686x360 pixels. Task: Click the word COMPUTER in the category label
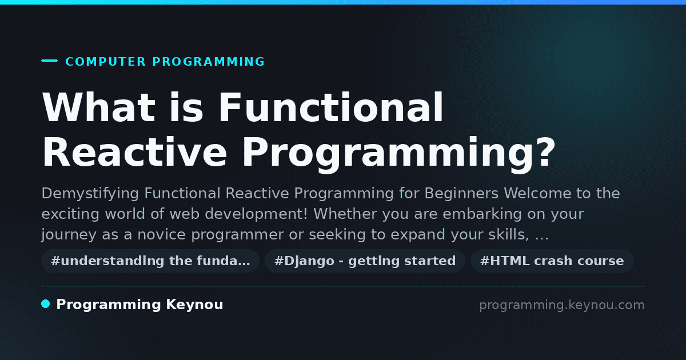coord(105,62)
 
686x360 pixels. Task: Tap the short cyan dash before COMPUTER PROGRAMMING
coord(49,61)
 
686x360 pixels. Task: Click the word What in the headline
coord(98,107)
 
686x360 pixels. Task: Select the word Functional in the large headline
coord(331,107)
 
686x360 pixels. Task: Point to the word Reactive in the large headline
coord(134,153)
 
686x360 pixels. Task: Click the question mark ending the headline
coord(545,152)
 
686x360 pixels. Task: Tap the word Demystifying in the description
coord(90,194)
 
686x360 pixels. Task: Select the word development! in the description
coord(256,214)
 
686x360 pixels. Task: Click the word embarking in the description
coord(482,214)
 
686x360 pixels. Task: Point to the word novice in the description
coord(161,235)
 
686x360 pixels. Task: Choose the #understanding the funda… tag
coord(150,261)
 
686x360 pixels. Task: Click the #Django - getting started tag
coord(365,261)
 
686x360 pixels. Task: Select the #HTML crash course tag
coord(552,261)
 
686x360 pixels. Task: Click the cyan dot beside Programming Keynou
coord(46,304)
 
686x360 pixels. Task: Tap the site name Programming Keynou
coord(139,305)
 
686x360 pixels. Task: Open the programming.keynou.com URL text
coord(562,305)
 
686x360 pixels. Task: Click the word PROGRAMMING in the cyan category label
coord(209,62)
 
